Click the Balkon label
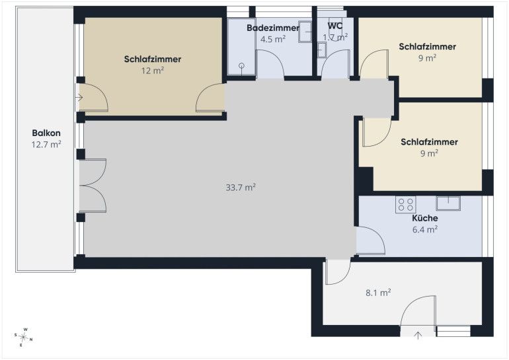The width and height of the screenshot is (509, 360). pyautogui.click(x=46, y=133)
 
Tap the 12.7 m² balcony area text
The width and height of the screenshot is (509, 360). pyautogui.click(x=46, y=144)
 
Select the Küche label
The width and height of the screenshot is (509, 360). pyautogui.click(x=425, y=218)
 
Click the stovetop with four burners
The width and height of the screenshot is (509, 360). pyautogui.click(x=406, y=204)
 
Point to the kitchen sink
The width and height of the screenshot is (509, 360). pyautogui.click(x=448, y=203)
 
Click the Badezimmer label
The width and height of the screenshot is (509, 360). pyautogui.click(x=273, y=28)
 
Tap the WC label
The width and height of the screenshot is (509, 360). pyautogui.click(x=335, y=26)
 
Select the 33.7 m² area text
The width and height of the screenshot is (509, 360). pyautogui.click(x=241, y=187)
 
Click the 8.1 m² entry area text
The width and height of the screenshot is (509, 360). pyautogui.click(x=378, y=293)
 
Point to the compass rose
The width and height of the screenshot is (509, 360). pyautogui.click(x=23, y=338)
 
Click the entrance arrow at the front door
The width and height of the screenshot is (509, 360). pyautogui.click(x=418, y=336)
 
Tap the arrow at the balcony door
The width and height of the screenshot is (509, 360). pyautogui.click(x=79, y=97)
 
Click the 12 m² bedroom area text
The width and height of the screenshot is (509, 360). pyautogui.click(x=152, y=71)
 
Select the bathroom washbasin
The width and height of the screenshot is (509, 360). pyautogui.click(x=305, y=32)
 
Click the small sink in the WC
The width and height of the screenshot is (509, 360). pyautogui.click(x=322, y=51)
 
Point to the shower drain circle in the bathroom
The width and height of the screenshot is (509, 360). pyautogui.click(x=241, y=65)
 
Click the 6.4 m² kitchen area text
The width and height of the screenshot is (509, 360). pyautogui.click(x=425, y=230)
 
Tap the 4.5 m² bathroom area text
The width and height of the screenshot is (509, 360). pyautogui.click(x=273, y=39)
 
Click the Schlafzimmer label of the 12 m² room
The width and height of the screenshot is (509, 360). pyautogui.click(x=153, y=59)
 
